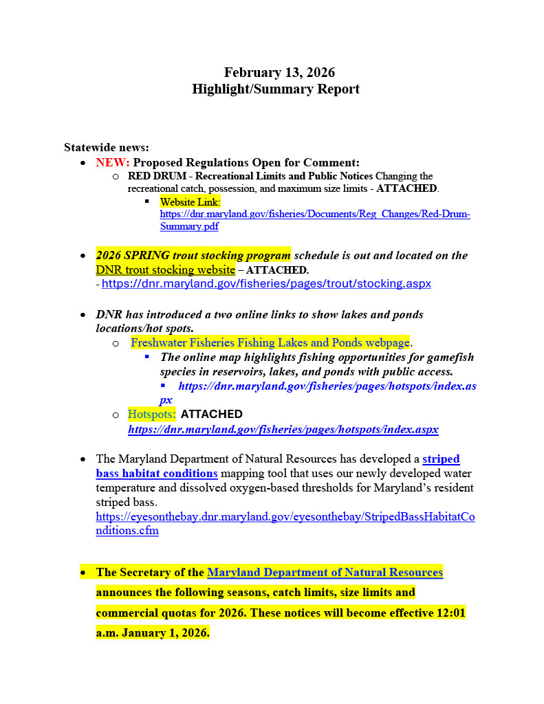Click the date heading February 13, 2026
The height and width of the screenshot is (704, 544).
pos(279,73)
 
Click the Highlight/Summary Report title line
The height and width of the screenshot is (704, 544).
pos(275,89)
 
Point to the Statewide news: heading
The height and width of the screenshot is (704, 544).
pos(107,147)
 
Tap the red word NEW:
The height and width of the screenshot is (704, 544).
pos(112,162)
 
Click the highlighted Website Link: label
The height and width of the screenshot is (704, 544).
pos(191,202)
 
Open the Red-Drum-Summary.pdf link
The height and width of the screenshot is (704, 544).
pos(315,214)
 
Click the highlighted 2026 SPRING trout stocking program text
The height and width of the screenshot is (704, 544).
pos(193,255)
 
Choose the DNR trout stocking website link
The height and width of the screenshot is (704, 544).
pos(165,269)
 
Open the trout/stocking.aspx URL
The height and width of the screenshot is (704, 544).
pos(266,283)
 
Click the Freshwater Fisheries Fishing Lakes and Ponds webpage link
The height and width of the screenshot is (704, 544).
pos(270,342)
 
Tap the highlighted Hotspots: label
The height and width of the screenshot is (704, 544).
pos(151,415)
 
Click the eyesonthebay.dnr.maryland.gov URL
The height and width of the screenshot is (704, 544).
pos(285,516)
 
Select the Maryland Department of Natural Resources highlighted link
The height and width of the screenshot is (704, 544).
pos(325,572)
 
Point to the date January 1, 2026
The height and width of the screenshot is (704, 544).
pos(165,632)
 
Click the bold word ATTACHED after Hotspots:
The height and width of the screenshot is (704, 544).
pos(212,415)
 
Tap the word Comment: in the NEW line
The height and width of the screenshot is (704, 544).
pos(333,162)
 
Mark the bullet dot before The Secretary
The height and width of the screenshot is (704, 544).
pos(83,572)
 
